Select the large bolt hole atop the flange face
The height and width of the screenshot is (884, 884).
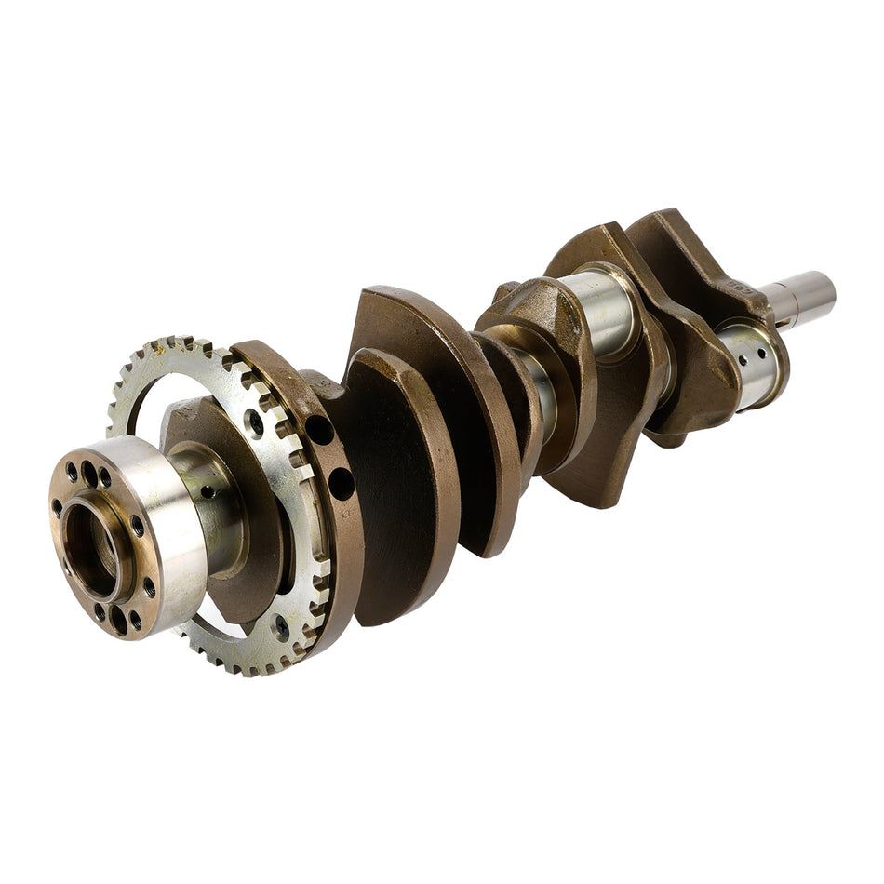(89, 473)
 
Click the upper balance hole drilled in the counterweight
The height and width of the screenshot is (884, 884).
(319, 430)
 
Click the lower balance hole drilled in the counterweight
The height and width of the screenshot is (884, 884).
(341, 484)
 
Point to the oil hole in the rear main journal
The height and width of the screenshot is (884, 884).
(208, 491)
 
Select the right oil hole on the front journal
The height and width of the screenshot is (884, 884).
(762, 353)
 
